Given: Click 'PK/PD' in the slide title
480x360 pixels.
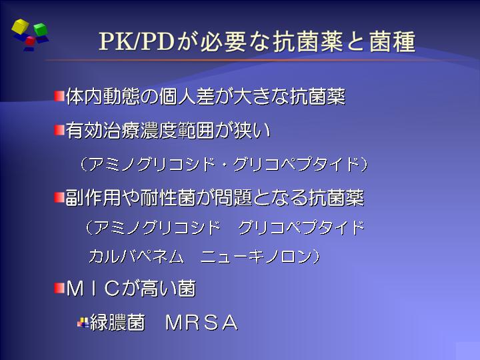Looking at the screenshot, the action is coord(137,41).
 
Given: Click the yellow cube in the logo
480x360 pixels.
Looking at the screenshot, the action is coord(20,26).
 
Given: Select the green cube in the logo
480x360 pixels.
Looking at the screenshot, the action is coord(40,29).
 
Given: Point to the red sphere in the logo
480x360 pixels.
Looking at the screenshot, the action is coord(30,41).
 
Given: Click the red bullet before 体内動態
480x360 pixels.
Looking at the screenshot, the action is coord(59,96).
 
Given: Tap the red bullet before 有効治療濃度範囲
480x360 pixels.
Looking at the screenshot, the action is coord(59,130).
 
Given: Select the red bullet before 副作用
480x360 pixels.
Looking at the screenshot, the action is coord(59,197).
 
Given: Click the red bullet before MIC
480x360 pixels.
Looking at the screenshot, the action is coord(59,288).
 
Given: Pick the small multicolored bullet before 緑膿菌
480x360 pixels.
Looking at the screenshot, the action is coord(83,323).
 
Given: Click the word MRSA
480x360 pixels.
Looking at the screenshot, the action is coord(202,323).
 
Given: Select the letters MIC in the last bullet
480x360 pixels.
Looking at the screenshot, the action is coord(93,289).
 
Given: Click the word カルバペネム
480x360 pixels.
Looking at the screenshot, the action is coord(137,256).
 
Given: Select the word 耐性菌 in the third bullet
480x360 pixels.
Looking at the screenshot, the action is coord(168,198).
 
